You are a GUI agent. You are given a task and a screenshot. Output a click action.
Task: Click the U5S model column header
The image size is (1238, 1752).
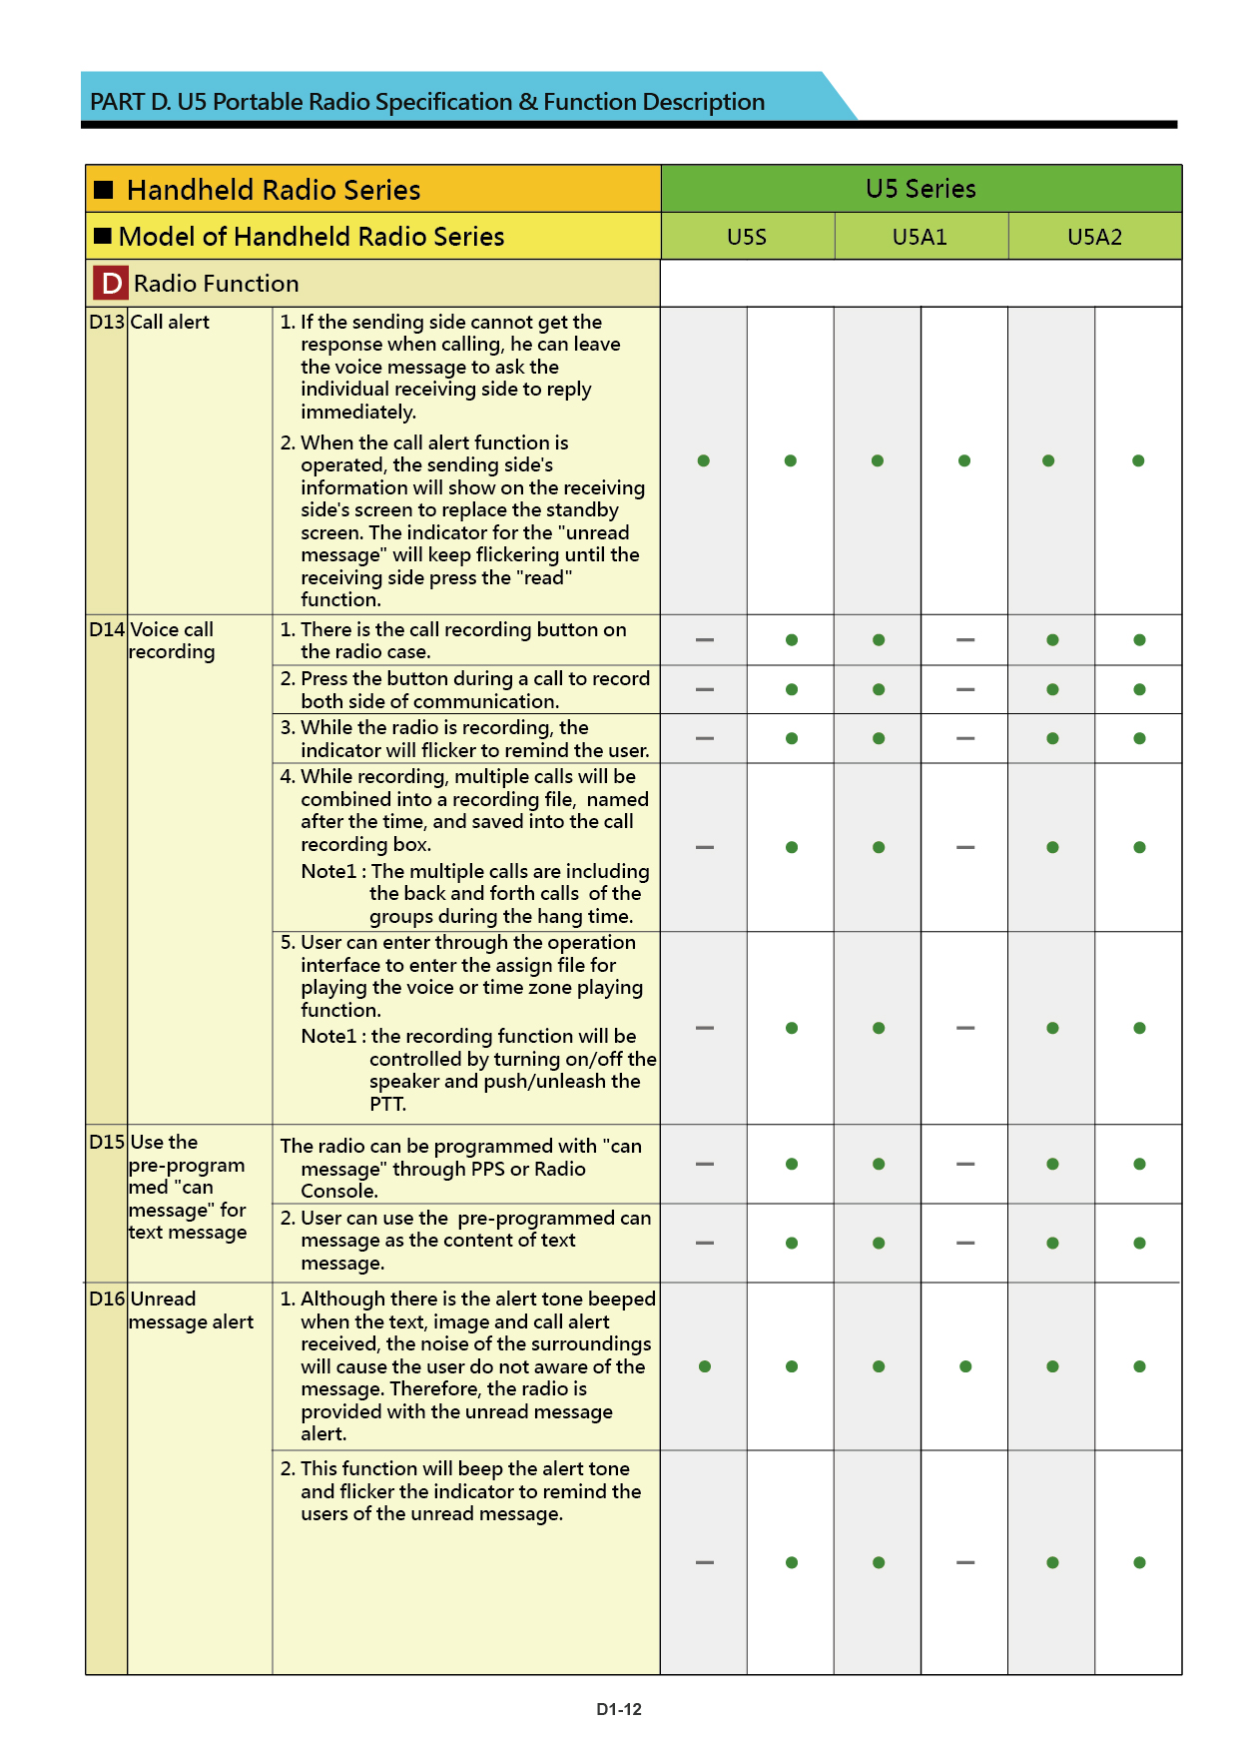click(x=747, y=237)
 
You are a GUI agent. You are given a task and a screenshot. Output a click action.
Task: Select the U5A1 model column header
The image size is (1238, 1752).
click(x=920, y=237)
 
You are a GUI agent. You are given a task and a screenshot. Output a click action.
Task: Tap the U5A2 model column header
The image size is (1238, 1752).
click(x=1094, y=237)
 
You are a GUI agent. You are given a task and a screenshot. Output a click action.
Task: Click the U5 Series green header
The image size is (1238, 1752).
click(x=921, y=189)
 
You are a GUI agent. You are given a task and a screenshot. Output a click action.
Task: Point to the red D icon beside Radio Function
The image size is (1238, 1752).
click(x=111, y=284)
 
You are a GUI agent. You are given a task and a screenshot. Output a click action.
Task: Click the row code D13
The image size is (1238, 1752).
click(x=107, y=322)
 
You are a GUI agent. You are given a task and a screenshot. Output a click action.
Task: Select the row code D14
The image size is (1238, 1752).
click(x=107, y=629)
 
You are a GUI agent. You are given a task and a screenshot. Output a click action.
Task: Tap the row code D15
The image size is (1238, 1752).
click(x=107, y=1142)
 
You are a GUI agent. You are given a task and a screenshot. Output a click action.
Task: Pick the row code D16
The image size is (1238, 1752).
click(x=107, y=1299)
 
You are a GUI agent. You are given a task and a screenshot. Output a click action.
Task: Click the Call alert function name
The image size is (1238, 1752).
click(x=170, y=322)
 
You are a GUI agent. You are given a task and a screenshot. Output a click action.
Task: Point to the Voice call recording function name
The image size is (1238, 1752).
click(x=172, y=640)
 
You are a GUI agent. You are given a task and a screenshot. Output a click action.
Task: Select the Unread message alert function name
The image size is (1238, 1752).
click(x=191, y=1311)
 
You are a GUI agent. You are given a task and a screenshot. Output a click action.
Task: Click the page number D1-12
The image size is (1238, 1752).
click(x=619, y=1709)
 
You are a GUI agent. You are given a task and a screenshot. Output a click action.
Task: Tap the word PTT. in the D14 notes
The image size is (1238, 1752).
click(x=387, y=1104)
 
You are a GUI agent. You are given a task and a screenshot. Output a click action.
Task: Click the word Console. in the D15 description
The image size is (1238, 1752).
click(x=339, y=1191)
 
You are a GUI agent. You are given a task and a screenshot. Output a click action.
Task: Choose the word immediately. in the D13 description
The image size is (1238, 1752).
click(x=358, y=412)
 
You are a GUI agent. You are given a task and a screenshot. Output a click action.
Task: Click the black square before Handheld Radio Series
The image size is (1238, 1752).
click(x=104, y=190)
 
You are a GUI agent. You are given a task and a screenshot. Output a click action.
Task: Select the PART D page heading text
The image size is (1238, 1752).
click(x=427, y=102)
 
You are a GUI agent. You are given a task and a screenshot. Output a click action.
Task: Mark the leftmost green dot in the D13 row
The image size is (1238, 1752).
click(x=704, y=460)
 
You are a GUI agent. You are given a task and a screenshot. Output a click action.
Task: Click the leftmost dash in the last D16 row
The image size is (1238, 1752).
click(x=705, y=1562)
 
